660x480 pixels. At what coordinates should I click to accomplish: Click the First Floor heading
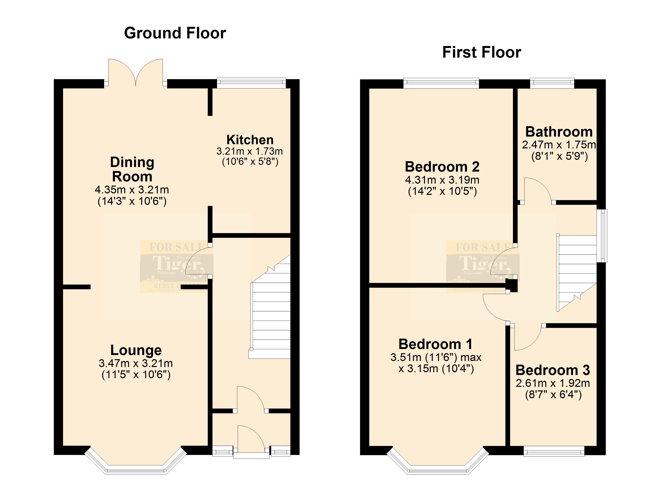pos(482,52)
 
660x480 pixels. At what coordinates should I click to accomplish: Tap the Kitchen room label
pos(250,140)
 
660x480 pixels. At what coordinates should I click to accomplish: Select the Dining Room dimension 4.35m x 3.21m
pos(132,190)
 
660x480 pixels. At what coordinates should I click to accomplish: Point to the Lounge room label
pos(136,350)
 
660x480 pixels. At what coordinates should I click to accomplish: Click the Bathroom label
pos(559,132)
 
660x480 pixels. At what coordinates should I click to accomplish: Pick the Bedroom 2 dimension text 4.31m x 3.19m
pos(442,180)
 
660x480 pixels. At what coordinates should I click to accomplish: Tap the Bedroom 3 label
pos(553,370)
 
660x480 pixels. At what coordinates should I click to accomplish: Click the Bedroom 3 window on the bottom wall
pos(554,451)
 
